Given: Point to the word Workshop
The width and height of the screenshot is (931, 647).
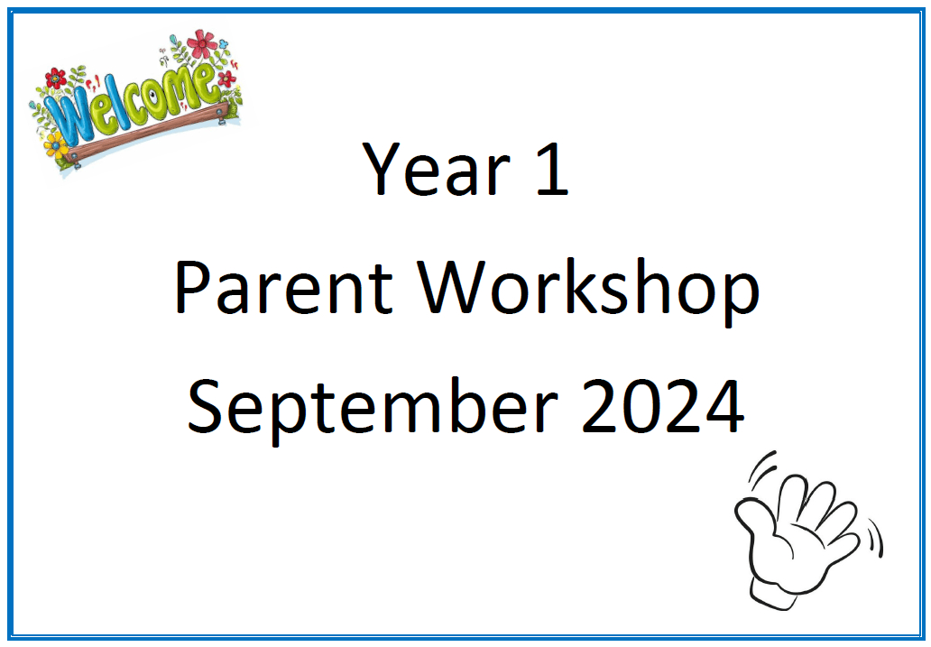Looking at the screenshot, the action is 589,291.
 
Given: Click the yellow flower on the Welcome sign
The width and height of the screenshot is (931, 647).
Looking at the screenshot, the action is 57,145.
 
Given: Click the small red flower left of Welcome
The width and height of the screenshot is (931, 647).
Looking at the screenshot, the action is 56,78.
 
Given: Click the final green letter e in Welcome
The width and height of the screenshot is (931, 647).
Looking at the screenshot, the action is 206,83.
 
